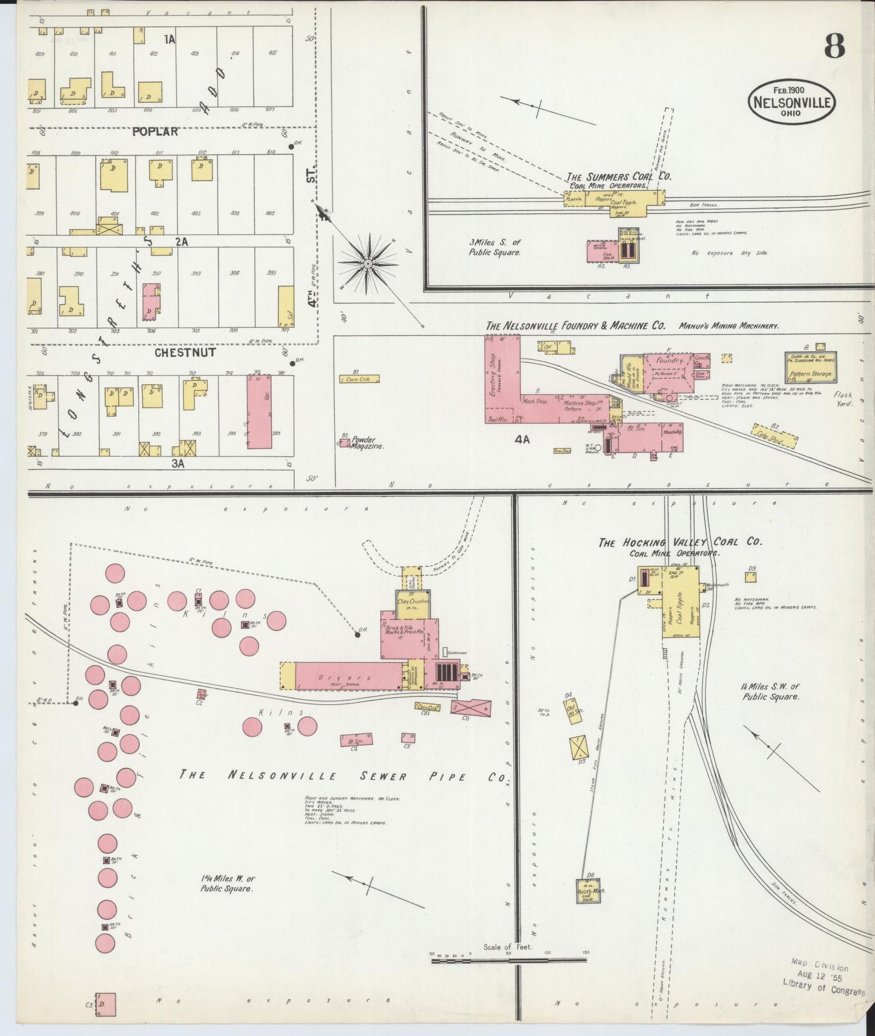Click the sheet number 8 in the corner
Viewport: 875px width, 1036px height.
point(834,47)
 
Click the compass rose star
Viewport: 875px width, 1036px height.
point(367,264)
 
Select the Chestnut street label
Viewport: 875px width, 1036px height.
point(185,352)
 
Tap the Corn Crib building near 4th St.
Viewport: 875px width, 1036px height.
point(360,379)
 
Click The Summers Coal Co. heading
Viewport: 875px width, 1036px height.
point(619,177)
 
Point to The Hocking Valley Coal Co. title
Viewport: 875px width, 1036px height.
point(679,542)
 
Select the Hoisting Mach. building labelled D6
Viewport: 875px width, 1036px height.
point(589,890)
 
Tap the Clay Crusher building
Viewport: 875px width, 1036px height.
point(413,602)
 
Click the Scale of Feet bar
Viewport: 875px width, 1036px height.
point(509,961)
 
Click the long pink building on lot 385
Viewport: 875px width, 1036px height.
point(259,412)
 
